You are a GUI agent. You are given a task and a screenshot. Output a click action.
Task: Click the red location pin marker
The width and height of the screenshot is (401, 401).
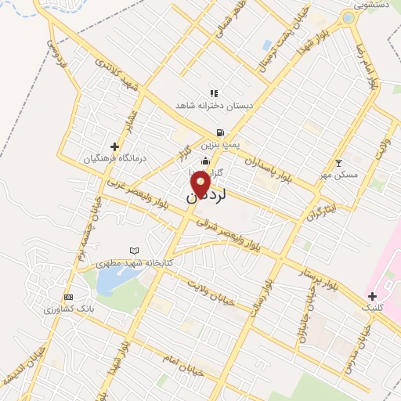tap(200, 185)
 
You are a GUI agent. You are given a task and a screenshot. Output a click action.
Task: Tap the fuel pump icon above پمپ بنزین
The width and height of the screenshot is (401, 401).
tap(220, 132)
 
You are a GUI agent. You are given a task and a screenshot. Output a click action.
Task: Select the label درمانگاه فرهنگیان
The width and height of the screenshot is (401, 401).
tap(115, 158)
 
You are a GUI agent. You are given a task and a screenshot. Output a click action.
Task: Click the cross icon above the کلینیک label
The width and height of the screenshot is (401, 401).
tap(372, 295)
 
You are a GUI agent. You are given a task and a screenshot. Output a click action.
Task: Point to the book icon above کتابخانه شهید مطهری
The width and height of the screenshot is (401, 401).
tap(133, 251)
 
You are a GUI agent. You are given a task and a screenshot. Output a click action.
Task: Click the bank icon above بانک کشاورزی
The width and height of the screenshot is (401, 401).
tap(68, 297)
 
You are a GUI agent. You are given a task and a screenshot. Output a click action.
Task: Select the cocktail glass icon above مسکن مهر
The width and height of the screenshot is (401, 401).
tap(338, 163)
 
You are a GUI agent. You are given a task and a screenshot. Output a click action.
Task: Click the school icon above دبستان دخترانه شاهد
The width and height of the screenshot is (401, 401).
tap(214, 93)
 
